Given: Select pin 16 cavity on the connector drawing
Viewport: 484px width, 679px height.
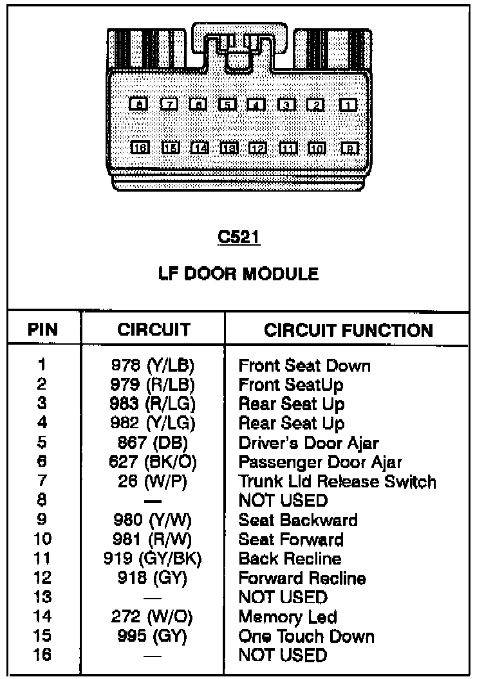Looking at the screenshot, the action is point(139,148).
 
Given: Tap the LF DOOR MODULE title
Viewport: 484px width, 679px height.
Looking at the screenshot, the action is point(238,275).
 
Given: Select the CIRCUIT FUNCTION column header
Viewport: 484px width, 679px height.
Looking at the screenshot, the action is point(348,330).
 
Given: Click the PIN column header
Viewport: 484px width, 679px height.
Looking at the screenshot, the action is point(42,330).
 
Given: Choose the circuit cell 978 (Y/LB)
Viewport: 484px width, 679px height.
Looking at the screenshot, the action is point(153,366).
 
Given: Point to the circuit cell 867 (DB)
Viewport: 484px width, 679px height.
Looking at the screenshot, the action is point(153,443).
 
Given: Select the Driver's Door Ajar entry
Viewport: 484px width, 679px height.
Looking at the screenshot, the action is point(308,443).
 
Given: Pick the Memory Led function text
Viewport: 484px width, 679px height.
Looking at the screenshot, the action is point(287,617).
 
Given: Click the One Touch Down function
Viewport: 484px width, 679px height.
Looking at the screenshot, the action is point(306,636).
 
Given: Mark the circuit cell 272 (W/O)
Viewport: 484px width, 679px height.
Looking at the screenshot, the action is point(153,617).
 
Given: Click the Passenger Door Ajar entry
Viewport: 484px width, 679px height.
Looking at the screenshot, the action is point(320,462).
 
